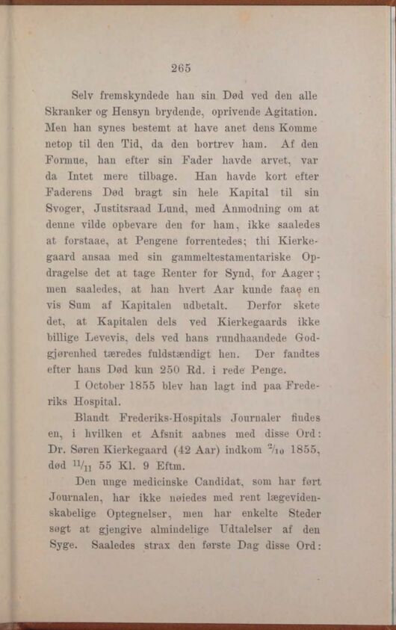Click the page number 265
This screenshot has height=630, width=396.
pos(181,68)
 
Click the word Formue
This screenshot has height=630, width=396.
pos(67,161)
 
